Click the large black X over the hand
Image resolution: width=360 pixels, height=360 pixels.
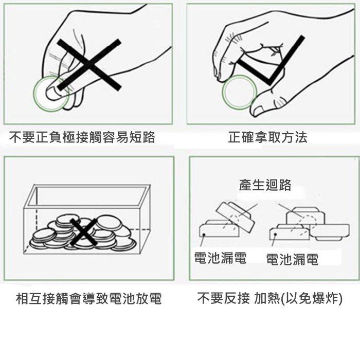tap(89, 64)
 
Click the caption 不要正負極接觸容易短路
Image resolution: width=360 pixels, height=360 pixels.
tap(82, 137)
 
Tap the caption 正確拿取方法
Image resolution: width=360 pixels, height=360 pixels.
tap(268, 137)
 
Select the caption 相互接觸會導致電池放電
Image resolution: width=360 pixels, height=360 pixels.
tap(89, 298)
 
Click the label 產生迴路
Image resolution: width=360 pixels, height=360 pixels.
tap(265, 185)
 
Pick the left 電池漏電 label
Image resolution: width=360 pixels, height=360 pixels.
tap(221, 258)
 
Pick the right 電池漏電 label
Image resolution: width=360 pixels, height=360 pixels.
tap(292, 259)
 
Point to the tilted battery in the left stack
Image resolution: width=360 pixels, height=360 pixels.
tap(235, 216)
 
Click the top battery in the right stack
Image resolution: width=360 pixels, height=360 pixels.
tap(305, 216)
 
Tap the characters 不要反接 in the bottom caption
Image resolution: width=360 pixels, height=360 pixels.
tap(223, 298)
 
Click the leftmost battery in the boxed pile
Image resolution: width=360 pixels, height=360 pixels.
tap(43, 236)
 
